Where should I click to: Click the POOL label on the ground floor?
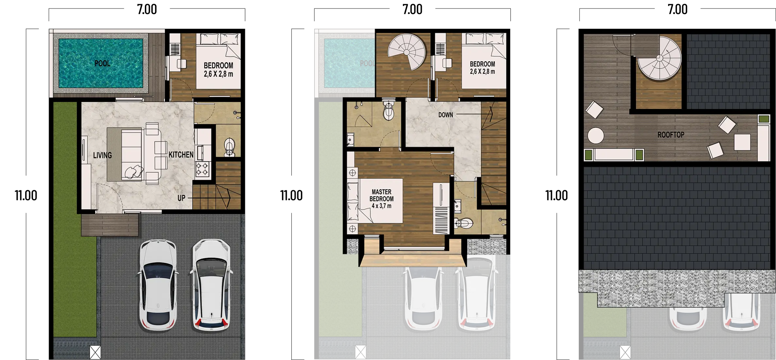point(102,63)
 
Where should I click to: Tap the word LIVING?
point(102,155)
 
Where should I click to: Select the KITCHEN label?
point(181,155)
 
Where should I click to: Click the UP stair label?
point(181,198)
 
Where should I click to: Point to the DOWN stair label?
point(446,115)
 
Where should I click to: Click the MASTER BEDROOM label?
point(382,195)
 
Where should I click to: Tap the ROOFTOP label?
point(671,135)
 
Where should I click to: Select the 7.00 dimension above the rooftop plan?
point(678,9)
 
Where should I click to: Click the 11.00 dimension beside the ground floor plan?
point(26,196)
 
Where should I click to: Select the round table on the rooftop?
point(595,135)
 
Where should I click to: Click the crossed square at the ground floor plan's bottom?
point(95,352)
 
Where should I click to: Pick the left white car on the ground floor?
point(158,285)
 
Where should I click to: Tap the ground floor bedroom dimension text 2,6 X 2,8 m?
point(218,74)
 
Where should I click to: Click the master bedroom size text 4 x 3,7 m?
point(381,206)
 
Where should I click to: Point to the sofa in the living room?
point(132,154)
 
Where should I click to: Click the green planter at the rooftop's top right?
point(764,119)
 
